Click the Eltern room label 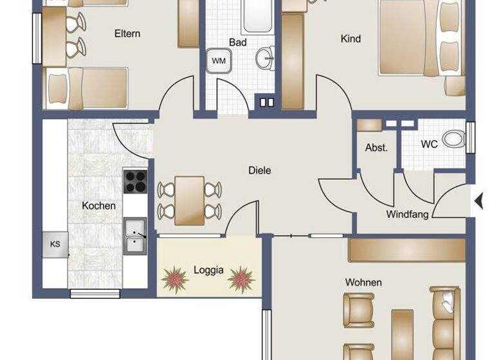click(127, 33)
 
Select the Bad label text click(237, 42)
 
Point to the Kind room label click(350, 39)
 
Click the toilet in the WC click(455, 138)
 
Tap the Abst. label click(376, 147)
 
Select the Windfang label click(407, 215)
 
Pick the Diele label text click(260, 170)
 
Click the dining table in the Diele click(190, 199)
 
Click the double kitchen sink click(134, 236)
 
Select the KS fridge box click(55, 244)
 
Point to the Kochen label click(99, 206)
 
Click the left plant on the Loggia click(174, 279)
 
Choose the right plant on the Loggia click(241, 279)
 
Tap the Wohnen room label click(363, 282)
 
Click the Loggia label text click(208, 270)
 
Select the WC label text click(429, 144)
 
